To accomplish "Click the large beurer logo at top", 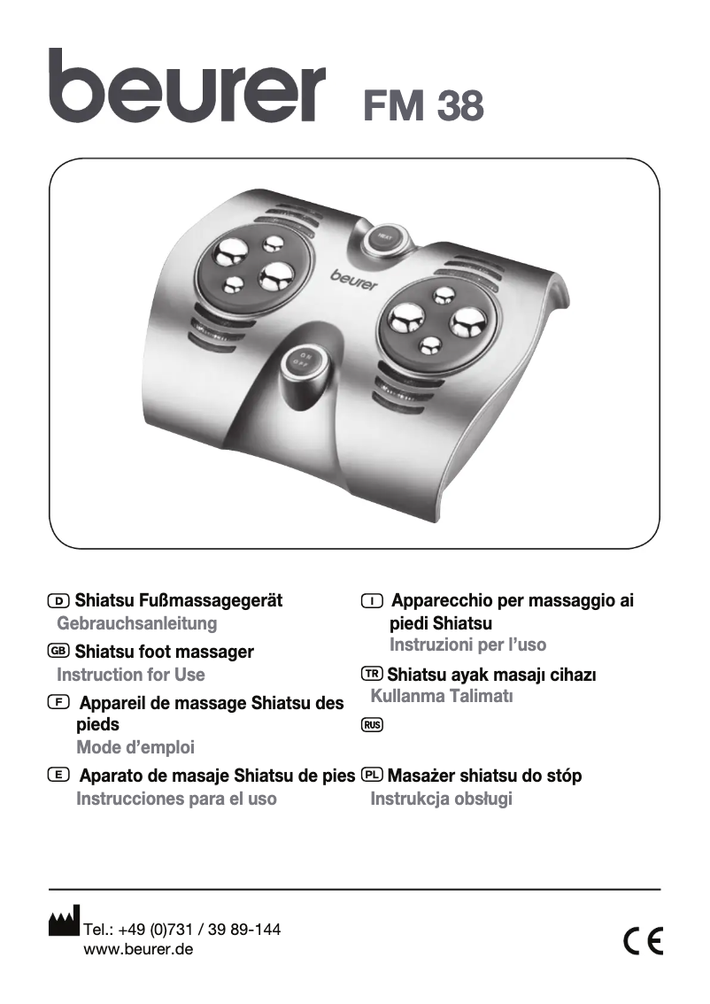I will [x=187, y=86].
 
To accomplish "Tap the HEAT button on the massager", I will [x=383, y=236].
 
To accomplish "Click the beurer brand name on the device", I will [x=354, y=280].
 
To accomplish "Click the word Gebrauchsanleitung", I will [x=136, y=623].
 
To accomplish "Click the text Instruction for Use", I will [x=130, y=675].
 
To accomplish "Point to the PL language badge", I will [x=373, y=775].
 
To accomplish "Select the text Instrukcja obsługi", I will [x=441, y=799].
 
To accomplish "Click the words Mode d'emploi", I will [x=135, y=747].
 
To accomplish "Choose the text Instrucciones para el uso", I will [x=176, y=799].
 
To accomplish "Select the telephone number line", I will [x=181, y=930].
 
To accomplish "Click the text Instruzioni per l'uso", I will [x=467, y=645].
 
